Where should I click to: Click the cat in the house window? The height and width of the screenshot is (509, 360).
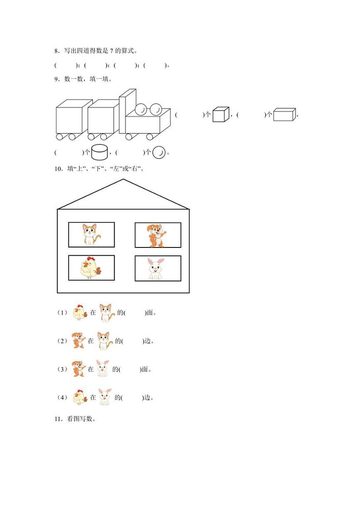[x=91, y=234]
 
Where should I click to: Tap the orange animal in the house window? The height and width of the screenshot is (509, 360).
[x=157, y=235]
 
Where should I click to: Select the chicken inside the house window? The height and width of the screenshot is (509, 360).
[x=91, y=268]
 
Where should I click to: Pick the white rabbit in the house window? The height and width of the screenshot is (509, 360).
[x=157, y=269]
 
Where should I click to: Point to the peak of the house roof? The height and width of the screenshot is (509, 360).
[x=123, y=180]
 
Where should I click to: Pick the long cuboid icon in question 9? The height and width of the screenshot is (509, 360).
[x=284, y=115]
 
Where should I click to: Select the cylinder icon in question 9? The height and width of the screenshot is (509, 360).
[x=99, y=152]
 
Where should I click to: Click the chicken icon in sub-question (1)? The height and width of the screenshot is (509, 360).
[x=80, y=312]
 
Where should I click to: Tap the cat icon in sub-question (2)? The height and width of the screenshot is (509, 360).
[x=105, y=341]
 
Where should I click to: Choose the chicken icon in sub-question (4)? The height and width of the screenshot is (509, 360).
[x=80, y=397]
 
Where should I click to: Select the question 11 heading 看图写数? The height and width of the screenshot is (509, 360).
[x=81, y=419]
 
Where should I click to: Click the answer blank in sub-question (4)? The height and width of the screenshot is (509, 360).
[x=131, y=398]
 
